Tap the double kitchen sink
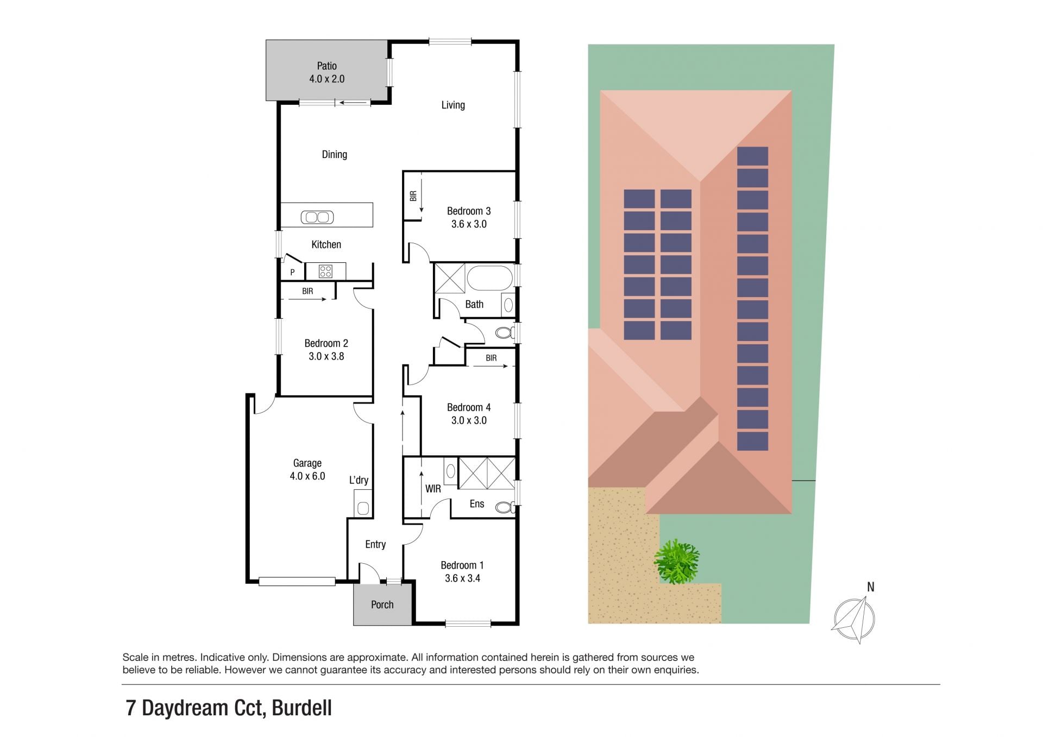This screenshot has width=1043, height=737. tap(317, 217)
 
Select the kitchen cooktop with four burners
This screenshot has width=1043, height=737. tap(325, 271)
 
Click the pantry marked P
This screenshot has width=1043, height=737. tap(292, 272)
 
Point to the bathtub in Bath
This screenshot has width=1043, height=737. tap(489, 278)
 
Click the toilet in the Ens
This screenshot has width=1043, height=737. tap(505, 507)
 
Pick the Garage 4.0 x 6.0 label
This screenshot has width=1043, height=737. tap(307, 470)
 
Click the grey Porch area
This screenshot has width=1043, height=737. tap(382, 604)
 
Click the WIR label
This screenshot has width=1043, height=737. tap(433, 489)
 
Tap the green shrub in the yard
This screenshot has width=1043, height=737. tap(677, 562)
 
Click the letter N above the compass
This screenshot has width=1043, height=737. tap(871, 587)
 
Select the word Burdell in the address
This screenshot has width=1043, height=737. tap(301, 708)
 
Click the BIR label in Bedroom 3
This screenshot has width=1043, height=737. tap(413, 196)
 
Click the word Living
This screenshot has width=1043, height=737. tap(453, 105)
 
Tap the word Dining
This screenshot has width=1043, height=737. tap(335, 155)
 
